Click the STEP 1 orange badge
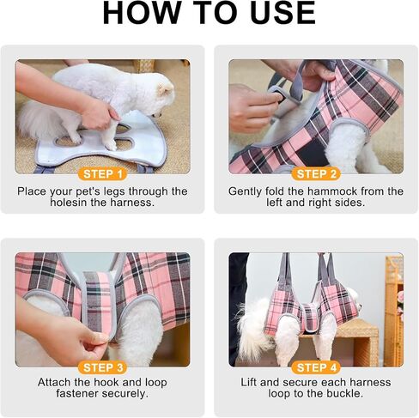pos(102,174)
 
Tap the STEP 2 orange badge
pos(316,174)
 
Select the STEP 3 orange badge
pos(102,367)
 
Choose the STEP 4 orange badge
pos(316,367)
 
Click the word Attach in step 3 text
pos(54,382)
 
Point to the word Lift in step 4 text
pos(249,382)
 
